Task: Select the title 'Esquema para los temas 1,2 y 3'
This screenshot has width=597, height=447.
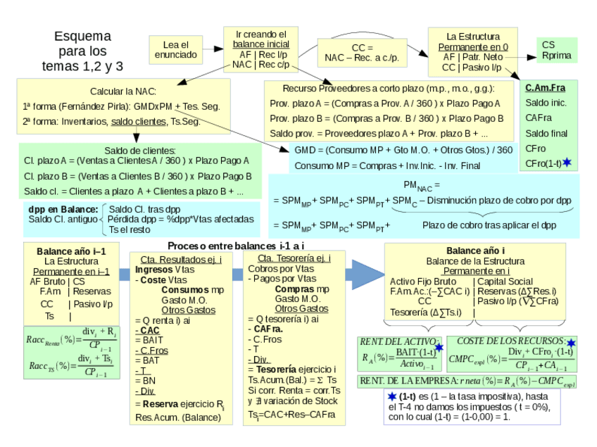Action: (82, 51)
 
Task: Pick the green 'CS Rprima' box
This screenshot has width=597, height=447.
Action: (556, 50)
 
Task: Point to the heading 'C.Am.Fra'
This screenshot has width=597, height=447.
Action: (545, 88)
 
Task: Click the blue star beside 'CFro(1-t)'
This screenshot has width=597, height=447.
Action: (567, 163)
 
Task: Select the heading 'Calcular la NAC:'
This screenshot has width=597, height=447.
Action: (122, 92)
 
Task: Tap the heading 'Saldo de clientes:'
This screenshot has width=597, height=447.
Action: (139, 150)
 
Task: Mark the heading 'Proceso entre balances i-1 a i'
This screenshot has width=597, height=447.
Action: (235, 245)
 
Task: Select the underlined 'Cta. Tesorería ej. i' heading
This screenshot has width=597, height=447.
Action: (289, 258)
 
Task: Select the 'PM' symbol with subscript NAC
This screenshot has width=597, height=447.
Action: (421, 185)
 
